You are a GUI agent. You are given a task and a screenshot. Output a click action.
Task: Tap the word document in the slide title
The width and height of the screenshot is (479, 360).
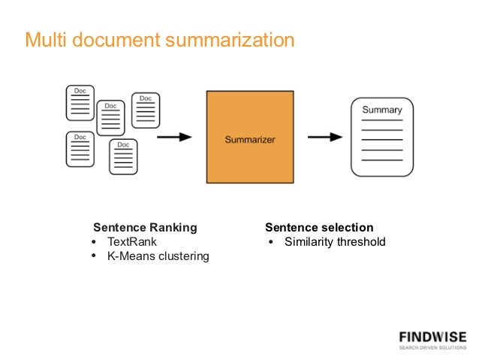pos(112,39)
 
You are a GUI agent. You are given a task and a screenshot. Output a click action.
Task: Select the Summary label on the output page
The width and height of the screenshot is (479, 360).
pos(382,110)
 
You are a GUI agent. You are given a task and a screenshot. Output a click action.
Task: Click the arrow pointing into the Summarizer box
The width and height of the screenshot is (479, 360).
pos(174,137)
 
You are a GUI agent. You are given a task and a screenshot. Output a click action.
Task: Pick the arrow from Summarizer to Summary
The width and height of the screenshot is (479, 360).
pos(325,137)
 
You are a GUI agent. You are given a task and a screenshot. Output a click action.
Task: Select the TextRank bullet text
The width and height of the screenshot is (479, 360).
pos(132,242)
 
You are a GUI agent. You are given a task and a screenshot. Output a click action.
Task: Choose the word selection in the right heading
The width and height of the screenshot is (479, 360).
pos(347,227)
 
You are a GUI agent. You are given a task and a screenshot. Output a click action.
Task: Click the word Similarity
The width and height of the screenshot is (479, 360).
pos(308,242)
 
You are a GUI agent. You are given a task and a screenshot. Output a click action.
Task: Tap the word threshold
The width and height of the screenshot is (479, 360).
pos(360,242)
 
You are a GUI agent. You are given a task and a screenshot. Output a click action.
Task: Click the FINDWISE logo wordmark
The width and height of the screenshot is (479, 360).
pos(432,336)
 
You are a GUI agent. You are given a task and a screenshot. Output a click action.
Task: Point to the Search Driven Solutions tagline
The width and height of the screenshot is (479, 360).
pos(432,347)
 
